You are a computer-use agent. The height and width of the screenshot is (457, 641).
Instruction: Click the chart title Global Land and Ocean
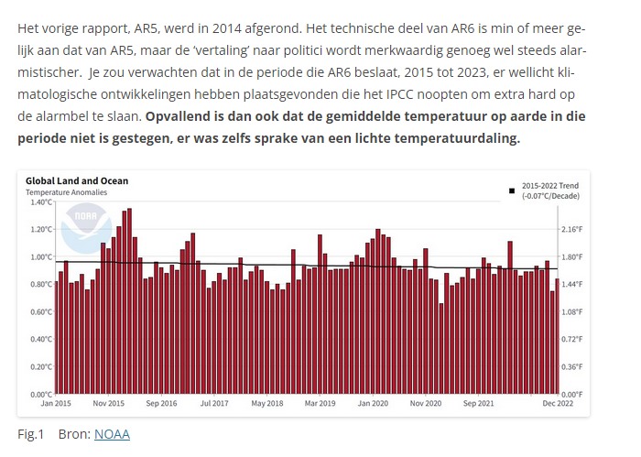pos(77,181)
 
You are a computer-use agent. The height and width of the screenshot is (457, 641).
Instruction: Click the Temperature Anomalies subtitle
pos(66,192)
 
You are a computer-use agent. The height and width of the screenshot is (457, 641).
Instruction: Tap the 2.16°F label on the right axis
pos(573,229)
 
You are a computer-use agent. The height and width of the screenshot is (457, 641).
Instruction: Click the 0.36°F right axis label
pos(573,366)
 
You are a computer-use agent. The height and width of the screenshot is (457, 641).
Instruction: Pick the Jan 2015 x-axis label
pos(56,402)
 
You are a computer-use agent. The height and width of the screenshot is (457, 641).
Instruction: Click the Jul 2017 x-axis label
pos(213,402)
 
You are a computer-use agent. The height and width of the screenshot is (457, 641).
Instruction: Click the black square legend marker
pos(512,190)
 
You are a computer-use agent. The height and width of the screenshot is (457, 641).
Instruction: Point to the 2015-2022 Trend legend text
pos(550,185)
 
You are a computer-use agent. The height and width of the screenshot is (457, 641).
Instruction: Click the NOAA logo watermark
pos(85,228)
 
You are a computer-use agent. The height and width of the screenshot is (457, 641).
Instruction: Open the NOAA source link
pos(112,433)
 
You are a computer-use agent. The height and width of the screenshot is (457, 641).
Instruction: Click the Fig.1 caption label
pos(30,433)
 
